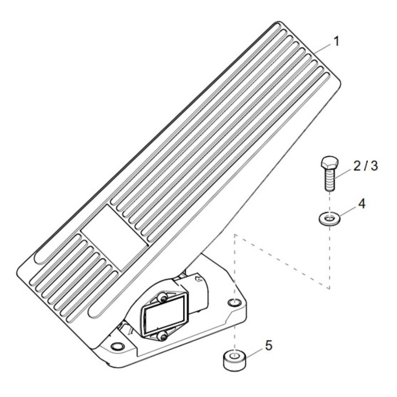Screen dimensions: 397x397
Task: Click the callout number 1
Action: (x=336, y=41)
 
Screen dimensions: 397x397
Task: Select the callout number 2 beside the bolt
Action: (x=358, y=166)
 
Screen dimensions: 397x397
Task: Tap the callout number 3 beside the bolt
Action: (x=374, y=166)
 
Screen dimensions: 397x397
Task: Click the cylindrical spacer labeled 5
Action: (x=235, y=360)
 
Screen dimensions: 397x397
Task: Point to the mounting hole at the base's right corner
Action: (x=234, y=302)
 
